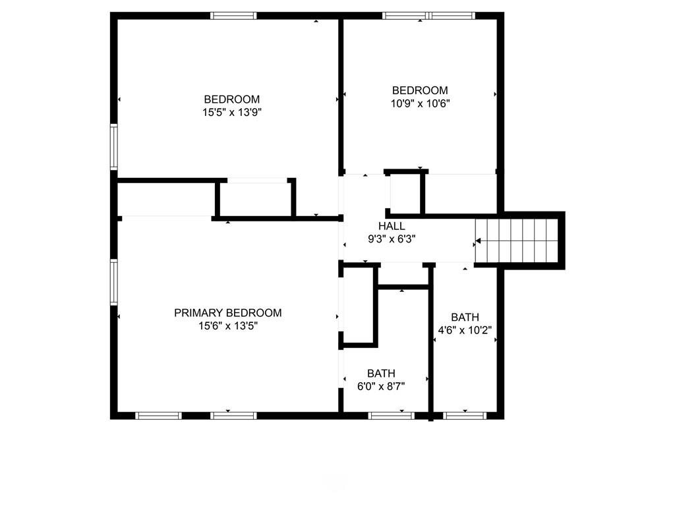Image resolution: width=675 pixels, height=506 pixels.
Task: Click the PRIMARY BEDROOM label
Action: click(227, 313)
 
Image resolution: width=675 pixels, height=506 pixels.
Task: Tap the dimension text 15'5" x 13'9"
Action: click(227, 112)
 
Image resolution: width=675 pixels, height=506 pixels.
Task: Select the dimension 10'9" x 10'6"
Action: click(420, 103)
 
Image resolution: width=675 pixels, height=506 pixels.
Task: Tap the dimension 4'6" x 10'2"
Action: click(465, 330)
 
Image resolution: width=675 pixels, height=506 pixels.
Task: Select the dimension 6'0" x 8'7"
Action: click(381, 387)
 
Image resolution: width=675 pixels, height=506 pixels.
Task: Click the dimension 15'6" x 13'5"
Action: click(227, 325)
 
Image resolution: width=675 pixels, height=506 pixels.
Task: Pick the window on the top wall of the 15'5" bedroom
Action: click(233, 15)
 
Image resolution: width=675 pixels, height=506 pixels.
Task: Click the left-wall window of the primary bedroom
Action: click(114, 282)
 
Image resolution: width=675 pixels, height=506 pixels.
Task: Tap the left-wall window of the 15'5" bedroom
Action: click(114, 148)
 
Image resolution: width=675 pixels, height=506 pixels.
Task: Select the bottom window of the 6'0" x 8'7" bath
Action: click(391, 415)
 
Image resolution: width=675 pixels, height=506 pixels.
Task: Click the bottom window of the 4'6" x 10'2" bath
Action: click(465, 415)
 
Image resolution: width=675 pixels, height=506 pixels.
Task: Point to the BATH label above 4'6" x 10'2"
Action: click(465, 317)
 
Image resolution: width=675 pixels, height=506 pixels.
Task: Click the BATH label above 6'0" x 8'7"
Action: click(381, 374)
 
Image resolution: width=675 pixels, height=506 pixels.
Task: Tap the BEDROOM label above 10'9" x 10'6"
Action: click(420, 90)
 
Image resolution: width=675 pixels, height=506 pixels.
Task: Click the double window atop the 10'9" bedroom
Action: click(428, 15)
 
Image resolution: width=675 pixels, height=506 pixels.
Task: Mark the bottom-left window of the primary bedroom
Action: click(158, 415)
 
